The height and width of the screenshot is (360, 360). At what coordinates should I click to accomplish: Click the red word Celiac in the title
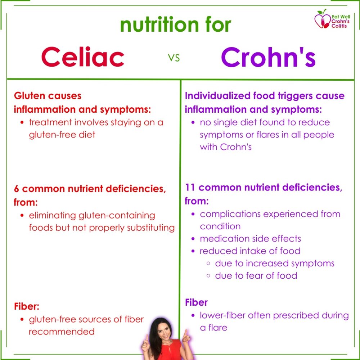coord(83,57)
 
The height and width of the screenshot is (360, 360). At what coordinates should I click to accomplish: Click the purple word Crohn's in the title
coord(269,57)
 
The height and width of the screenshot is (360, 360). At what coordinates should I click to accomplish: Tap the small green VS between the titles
coord(174,58)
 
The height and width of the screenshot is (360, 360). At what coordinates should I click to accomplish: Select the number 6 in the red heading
coord(16,189)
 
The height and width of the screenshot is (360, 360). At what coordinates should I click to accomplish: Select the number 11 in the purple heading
coord(190,187)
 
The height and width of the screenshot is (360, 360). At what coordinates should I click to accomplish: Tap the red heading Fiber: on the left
coord(27,306)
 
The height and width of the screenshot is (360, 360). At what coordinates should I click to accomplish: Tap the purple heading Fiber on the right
coord(196,302)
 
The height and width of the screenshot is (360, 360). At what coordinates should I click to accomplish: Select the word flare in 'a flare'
coord(218,327)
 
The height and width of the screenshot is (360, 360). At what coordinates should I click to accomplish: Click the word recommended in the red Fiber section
coord(62,332)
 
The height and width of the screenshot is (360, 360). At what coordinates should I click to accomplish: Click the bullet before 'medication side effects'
coord(193,239)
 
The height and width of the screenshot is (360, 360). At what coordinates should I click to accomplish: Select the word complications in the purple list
coord(230,214)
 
